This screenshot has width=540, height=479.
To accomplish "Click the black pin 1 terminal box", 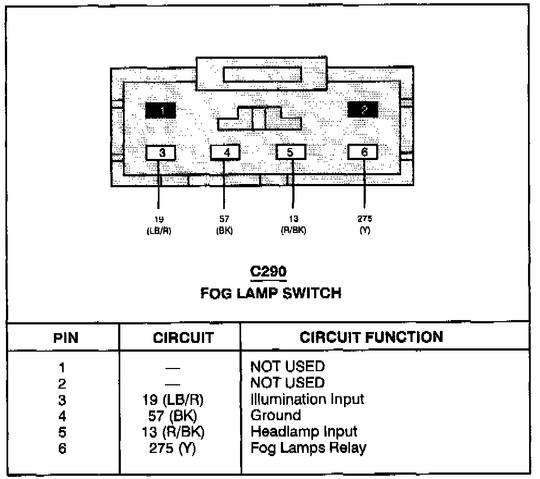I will click(x=160, y=111).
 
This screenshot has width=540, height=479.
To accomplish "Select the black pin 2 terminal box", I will click(x=363, y=110).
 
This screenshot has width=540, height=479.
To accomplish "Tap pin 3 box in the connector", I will click(x=161, y=153).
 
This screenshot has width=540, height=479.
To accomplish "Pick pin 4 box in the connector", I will click(x=225, y=153).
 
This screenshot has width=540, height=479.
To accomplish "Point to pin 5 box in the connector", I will click(x=291, y=152).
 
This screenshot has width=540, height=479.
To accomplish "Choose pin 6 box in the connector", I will click(x=363, y=152).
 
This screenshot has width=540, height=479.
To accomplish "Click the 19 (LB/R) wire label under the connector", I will click(x=159, y=225).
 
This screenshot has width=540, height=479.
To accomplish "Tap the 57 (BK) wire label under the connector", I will click(x=224, y=225).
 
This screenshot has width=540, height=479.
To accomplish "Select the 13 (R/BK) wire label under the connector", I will click(x=293, y=225).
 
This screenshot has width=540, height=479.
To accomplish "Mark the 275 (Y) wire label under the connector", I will click(x=364, y=225).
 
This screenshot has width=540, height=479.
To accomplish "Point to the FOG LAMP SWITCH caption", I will click(x=271, y=293).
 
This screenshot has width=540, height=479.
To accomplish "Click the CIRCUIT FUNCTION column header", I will click(x=371, y=337).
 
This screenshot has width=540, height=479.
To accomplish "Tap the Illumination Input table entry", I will click(x=307, y=399).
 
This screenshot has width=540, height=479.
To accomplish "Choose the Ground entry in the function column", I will click(x=275, y=415).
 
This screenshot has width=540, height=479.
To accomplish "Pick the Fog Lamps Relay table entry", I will click(x=308, y=448).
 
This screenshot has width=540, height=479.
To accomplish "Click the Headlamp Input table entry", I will click(x=304, y=432).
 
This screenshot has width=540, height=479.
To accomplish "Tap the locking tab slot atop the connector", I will click(x=262, y=75).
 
